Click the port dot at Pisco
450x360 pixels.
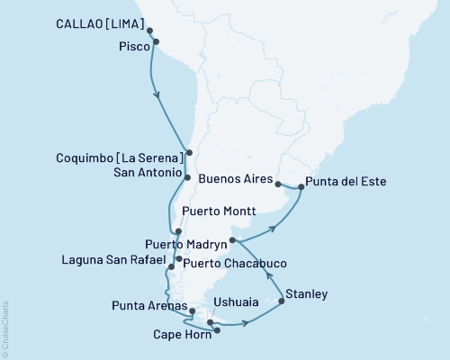pos(158,41)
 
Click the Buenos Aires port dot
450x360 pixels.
pos(278,184)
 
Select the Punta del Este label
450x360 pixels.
pos(346,182)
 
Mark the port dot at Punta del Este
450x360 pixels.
pos(301,188)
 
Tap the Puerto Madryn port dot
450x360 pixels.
pos(232,240)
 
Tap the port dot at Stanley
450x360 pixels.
pos(282,301)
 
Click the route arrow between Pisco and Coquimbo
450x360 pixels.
pos(158,94)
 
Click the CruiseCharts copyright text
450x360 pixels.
pos(5,328)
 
